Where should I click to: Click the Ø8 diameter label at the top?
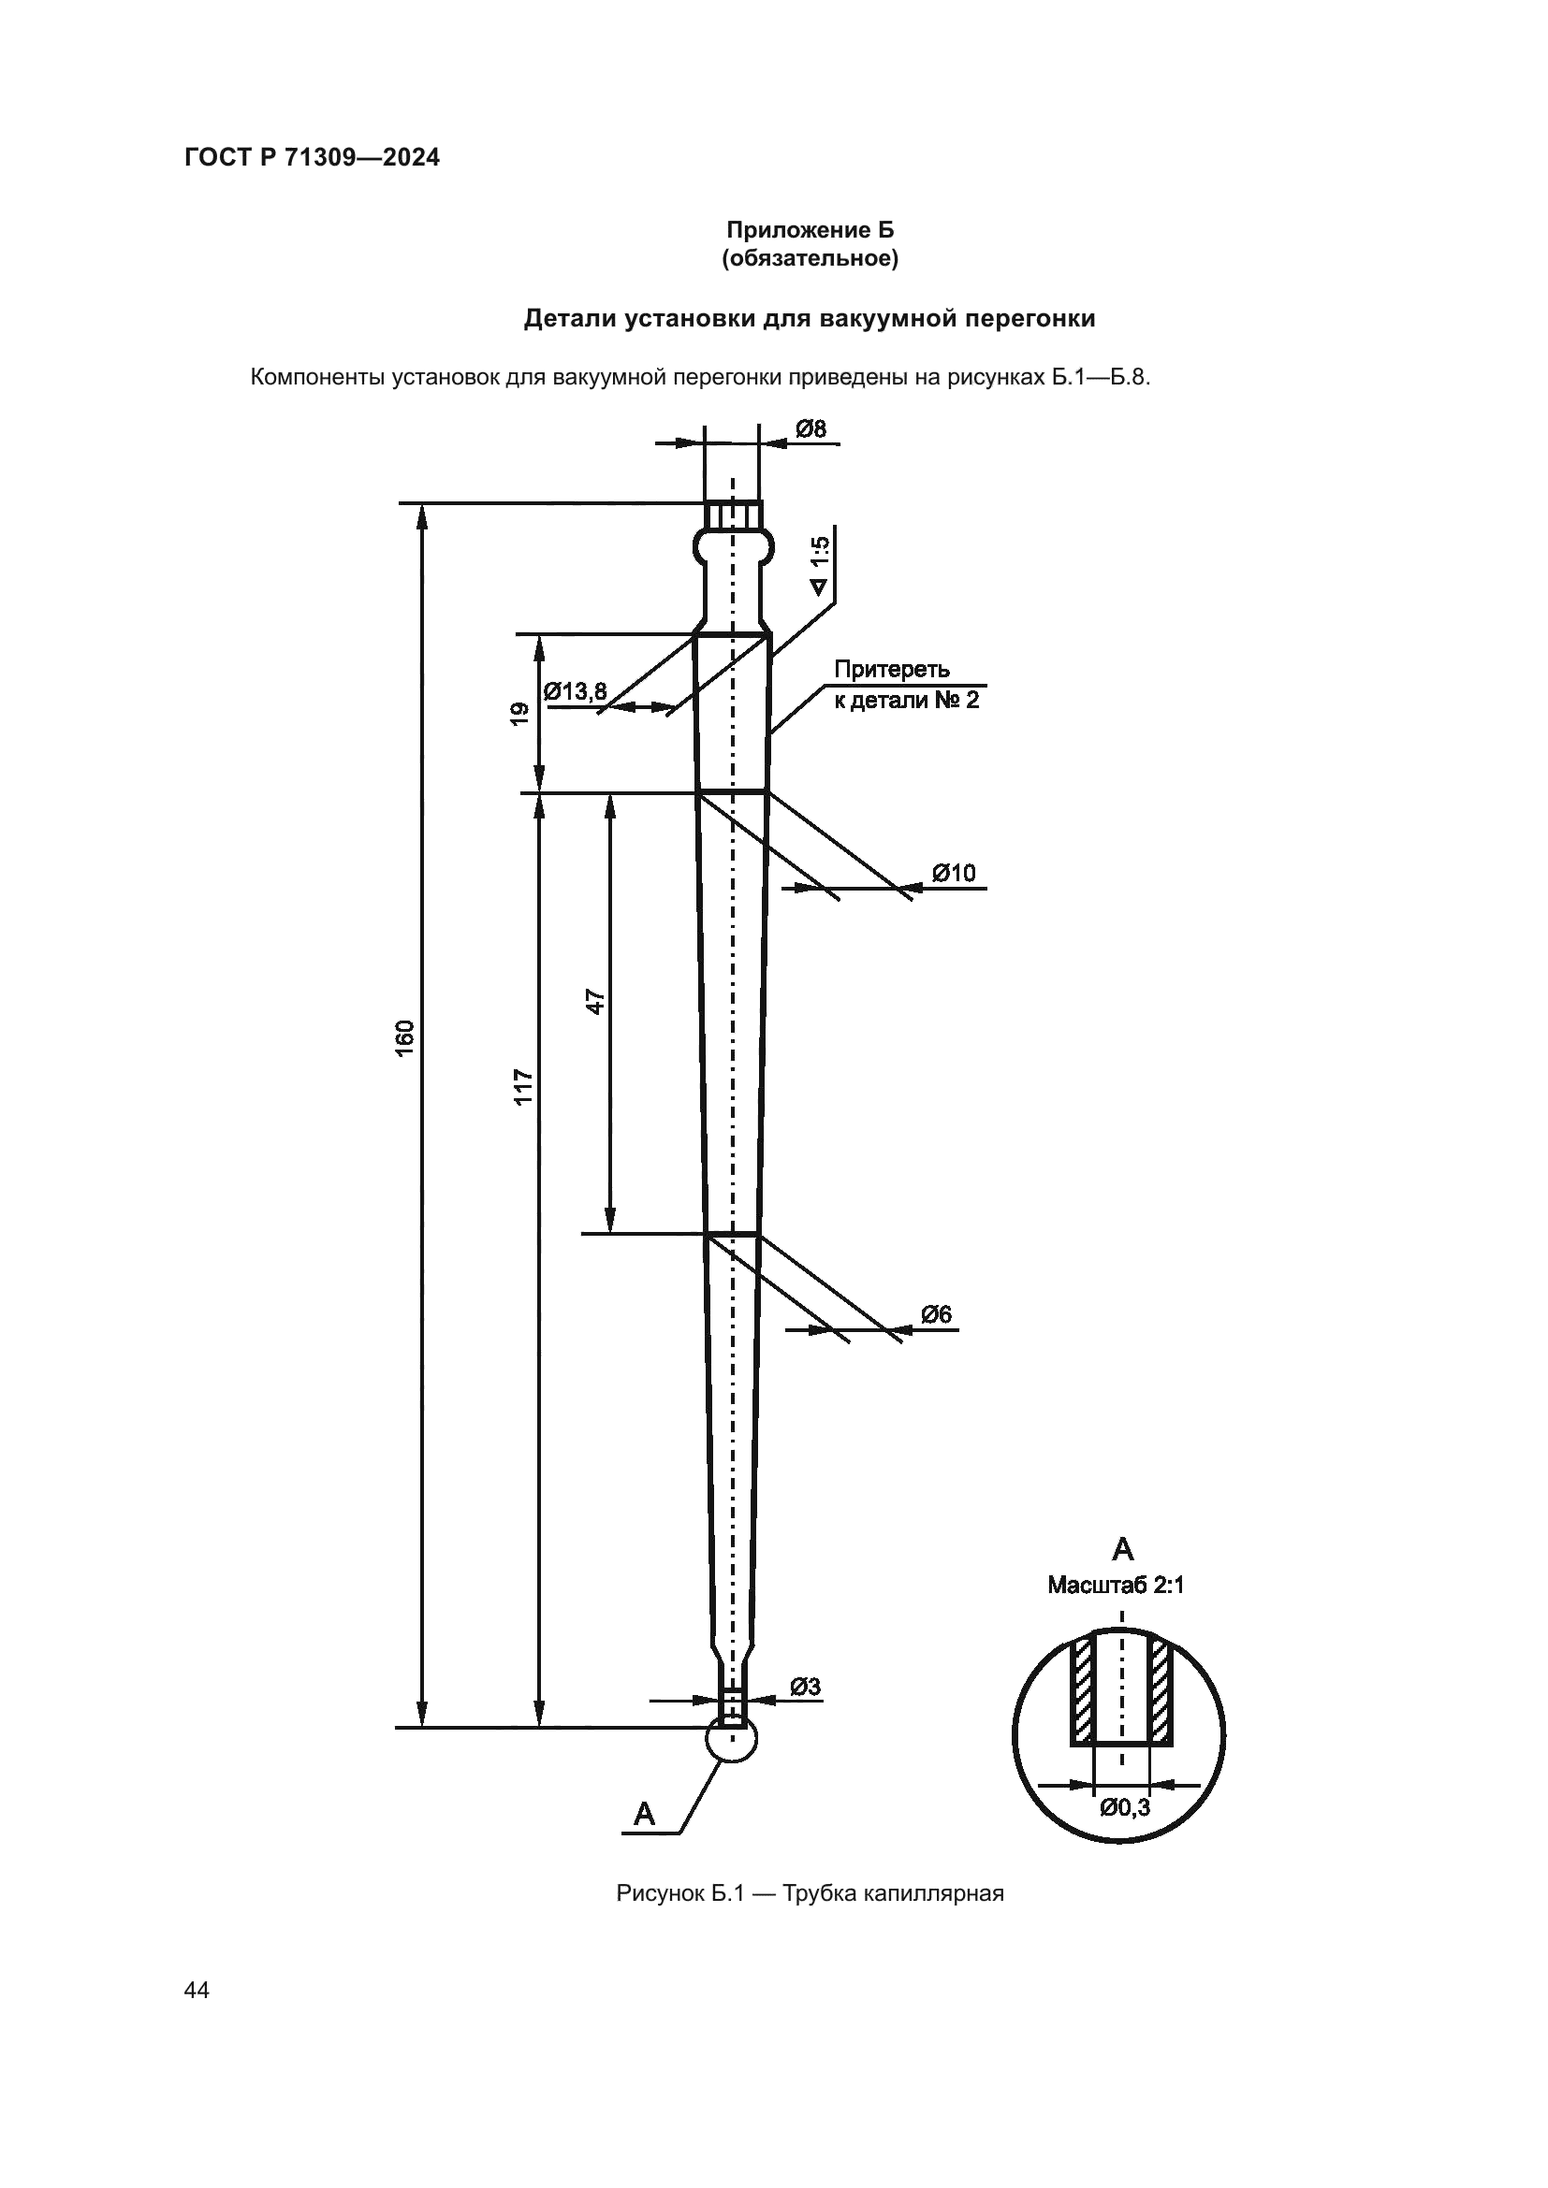click(x=811, y=428)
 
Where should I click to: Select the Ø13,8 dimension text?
click(x=575, y=691)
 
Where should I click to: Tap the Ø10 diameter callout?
click(x=953, y=873)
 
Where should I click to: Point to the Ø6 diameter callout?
click(x=936, y=1314)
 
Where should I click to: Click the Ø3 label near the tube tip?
click(x=806, y=1687)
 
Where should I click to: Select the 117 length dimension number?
click(x=523, y=1087)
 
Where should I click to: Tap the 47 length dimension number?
click(x=595, y=1002)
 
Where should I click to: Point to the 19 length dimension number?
click(x=519, y=714)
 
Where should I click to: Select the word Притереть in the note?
click(x=892, y=669)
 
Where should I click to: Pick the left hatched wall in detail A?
click(x=1082, y=1691)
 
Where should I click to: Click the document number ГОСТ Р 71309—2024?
click(x=313, y=158)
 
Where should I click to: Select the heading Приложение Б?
click(x=811, y=230)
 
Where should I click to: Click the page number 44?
click(x=197, y=1990)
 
